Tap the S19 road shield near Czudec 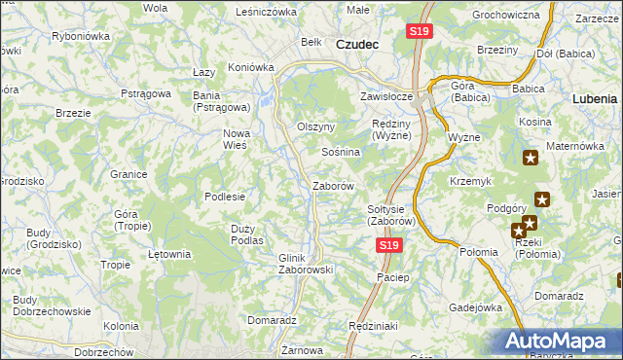click(x=419, y=31)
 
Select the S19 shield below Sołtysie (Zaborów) click(x=388, y=246)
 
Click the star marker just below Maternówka click(x=531, y=159)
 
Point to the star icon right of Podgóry click(x=542, y=200)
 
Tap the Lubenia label click(x=595, y=98)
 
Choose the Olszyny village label click(x=315, y=126)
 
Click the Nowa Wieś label click(x=237, y=139)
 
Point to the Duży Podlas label click(x=247, y=234)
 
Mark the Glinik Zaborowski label click(x=306, y=264)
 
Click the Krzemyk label click(x=471, y=181)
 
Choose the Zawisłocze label click(x=388, y=96)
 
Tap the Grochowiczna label click(x=505, y=16)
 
